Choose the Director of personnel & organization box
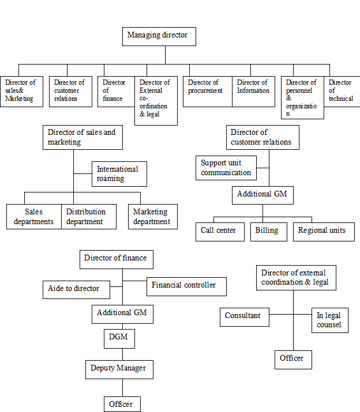point(303,98)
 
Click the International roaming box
point(119,174)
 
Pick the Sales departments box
point(34,217)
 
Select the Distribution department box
point(87,217)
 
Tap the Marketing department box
point(152,217)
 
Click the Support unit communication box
point(226,168)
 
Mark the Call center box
point(220,231)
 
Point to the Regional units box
point(323,231)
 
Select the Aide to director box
point(76,289)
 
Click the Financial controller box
point(185,286)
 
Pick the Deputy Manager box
point(119,369)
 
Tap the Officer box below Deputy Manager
point(122,404)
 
